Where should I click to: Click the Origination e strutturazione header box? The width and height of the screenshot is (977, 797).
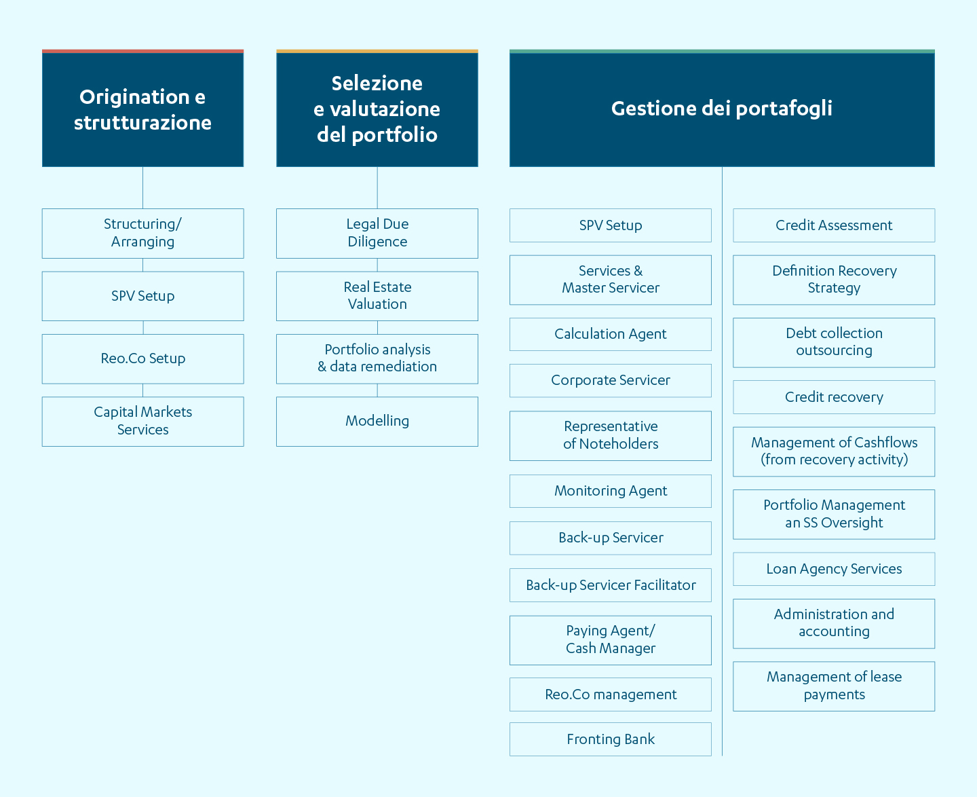[x=142, y=109]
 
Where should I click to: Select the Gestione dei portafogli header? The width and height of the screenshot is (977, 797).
[x=722, y=109]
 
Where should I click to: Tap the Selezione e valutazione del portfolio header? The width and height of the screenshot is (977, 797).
[x=377, y=109]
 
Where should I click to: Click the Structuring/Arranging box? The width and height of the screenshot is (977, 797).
[x=142, y=234]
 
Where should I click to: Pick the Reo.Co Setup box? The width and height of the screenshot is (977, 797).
[x=142, y=359]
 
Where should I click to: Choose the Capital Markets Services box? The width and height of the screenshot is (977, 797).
[x=142, y=422]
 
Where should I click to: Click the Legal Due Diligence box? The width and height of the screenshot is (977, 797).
[x=377, y=234]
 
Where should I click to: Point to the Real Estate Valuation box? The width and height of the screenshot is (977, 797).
[x=377, y=296]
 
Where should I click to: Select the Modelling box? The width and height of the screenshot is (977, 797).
[x=377, y=422]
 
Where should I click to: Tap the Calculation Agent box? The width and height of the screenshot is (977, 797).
[x=611, y=334]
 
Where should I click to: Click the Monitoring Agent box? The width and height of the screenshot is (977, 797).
[x=611, y=491]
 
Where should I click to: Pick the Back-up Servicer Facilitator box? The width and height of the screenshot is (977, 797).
[x=611, y=585]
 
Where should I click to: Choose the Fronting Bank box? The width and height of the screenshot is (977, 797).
[x=611, y=739]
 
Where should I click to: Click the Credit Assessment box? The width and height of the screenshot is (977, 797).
[x=834, y=225]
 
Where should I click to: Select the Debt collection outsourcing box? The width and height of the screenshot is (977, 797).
[x=834, y=343]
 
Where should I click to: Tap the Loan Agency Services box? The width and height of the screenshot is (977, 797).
[x=834, y=569]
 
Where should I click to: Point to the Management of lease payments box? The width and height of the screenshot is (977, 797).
[x=834, y=686]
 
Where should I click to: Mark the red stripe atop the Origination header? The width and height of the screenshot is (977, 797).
[x=142, y=52]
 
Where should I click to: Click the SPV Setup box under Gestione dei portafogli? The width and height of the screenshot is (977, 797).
[x=611, y=225]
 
